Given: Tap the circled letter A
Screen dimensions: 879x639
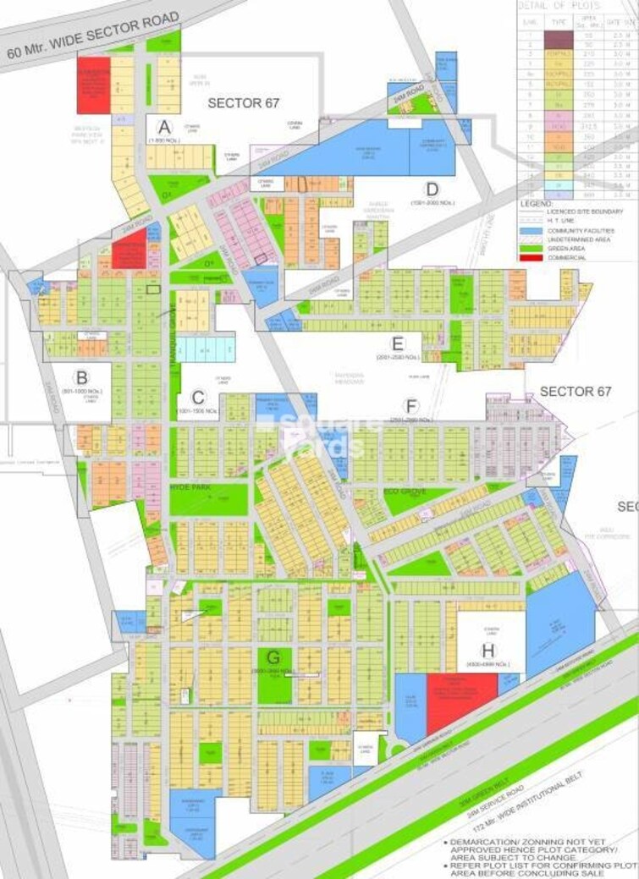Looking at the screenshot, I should [x=164, y=127].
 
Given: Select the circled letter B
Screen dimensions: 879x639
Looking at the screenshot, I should [x=81, y=377].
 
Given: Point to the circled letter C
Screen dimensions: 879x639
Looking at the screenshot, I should [x=198, y=398].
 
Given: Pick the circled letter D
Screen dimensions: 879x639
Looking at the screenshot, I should [x=432, y=189].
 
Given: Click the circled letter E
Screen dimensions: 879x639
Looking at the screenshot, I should [x=398, y=343].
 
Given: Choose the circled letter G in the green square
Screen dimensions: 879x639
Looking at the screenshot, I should [x=273, y=657].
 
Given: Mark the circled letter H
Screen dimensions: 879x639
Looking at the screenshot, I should [x=487, y=651].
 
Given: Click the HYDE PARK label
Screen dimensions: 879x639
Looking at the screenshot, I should [x=190, y=490].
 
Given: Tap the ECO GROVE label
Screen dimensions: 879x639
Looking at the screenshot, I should [x=405, y=491].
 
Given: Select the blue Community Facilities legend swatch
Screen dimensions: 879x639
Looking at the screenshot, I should [x=530, y=230].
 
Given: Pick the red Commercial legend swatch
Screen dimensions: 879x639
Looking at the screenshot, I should [x=530, y=257].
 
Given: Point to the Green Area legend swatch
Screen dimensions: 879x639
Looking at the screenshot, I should [x=530, y=249].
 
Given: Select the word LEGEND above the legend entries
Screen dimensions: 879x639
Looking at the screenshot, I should [x=536, y=203].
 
